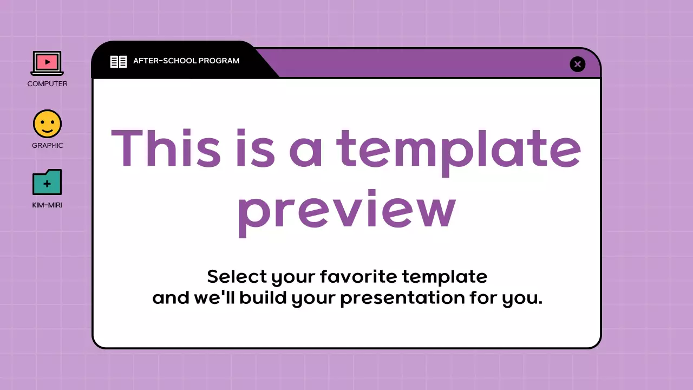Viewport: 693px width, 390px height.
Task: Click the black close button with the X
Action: (x=578, y=64)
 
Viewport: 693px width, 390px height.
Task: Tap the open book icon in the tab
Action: (x=119, y=61)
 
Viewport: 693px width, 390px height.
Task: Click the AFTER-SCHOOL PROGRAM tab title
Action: (x=186, y=61)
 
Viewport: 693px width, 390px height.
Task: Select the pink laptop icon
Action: (x=47, y=63)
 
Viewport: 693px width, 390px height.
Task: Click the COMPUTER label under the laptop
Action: (x=48, y=84)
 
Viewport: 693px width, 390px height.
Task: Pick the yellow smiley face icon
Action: (x=47, y=123)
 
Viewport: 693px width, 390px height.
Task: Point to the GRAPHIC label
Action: (x=48, y=146)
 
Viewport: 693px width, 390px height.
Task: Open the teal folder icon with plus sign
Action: (x=47, y=183)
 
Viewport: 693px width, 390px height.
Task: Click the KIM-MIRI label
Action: (x=47, y=205)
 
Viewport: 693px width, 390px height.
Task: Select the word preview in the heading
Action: (x=346, y=211)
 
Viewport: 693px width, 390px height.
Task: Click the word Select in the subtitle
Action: (x=237, y=277)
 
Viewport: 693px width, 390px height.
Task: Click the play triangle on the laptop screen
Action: (x=48, y=62)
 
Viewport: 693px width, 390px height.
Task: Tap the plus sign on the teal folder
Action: (x=47, y=184)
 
